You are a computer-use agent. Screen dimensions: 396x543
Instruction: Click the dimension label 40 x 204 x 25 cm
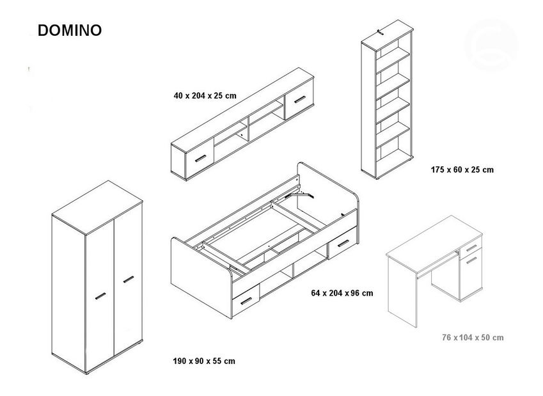[x=205, y=95]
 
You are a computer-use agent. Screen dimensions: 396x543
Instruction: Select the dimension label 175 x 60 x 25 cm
[x=462, y=170]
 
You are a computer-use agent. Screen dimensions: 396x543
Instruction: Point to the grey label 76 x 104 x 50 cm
[x=472, y=337]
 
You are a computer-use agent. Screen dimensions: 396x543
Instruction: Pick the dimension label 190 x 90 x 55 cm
[x=204, y=361]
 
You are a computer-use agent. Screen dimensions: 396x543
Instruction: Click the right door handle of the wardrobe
[x=129, y=279]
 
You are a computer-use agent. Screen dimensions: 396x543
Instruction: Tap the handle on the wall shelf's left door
[x=203, y=158]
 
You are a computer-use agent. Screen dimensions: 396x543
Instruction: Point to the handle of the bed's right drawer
[x=341, y=243]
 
